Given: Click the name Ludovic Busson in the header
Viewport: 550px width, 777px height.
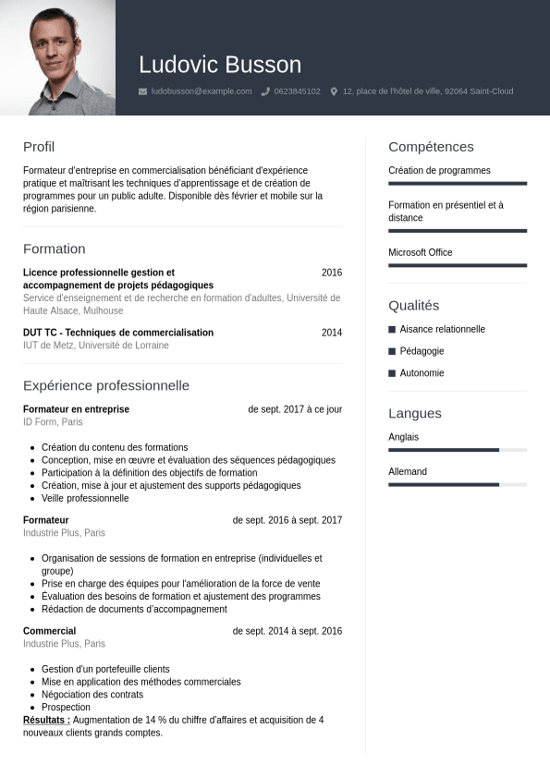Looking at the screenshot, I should click(220, 65).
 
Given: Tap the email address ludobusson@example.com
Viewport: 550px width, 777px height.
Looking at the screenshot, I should click(202, 91).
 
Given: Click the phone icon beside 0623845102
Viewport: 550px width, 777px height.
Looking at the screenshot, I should click(265, 91).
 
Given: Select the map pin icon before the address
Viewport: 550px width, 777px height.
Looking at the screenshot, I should click(334, 91).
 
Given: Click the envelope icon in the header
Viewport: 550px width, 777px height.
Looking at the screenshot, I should click(142, 91).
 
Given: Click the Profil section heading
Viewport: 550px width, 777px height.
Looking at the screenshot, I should click(39, 147).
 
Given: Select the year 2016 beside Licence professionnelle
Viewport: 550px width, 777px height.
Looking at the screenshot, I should click(332, 273).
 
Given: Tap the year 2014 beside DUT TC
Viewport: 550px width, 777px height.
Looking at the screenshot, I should click(332, 333).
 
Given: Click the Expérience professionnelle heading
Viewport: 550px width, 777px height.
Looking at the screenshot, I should click(106, 385).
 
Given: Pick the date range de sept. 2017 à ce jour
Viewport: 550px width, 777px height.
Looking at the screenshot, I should click(295, 409).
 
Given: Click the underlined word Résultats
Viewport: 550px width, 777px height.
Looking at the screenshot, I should click(46, 720).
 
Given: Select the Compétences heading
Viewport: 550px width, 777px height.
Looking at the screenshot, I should click(431, 147).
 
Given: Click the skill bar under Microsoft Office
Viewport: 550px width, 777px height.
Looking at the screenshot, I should click(458, 265).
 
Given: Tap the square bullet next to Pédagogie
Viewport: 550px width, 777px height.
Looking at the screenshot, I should click(392, 351).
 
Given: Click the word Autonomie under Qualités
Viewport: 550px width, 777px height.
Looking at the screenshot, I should click(422, 373).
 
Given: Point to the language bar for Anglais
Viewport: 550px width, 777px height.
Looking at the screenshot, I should click(458, 450).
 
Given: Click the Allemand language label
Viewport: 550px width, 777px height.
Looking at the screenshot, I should click(408, 472).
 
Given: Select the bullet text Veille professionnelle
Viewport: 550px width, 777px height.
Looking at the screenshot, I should click(85, 498).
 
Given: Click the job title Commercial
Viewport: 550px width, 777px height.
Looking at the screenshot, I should click(49, 631).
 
